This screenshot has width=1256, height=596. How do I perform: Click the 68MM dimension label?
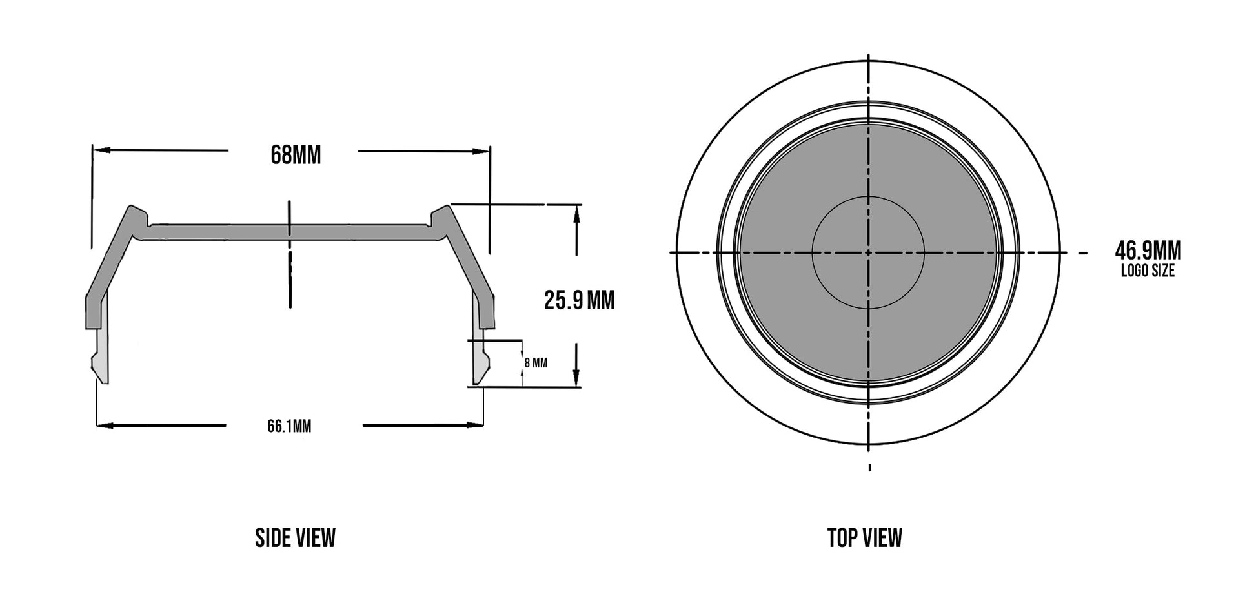[296, 155]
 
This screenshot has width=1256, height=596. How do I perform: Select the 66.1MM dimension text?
[289, 426]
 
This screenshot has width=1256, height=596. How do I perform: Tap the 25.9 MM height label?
[579, 300]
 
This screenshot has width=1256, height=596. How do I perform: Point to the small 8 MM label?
[536, 364]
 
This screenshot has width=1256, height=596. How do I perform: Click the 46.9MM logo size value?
[1148, 251]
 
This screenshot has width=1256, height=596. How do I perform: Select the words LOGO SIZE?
[1148, 271]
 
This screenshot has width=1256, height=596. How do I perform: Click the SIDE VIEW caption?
[295, 538]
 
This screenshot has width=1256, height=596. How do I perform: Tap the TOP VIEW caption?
[865, 538]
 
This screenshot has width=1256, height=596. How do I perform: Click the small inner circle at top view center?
[868, 252]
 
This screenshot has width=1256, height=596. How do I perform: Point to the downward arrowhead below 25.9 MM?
[576, 377]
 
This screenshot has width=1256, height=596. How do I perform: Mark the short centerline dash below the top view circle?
[869, 467]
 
